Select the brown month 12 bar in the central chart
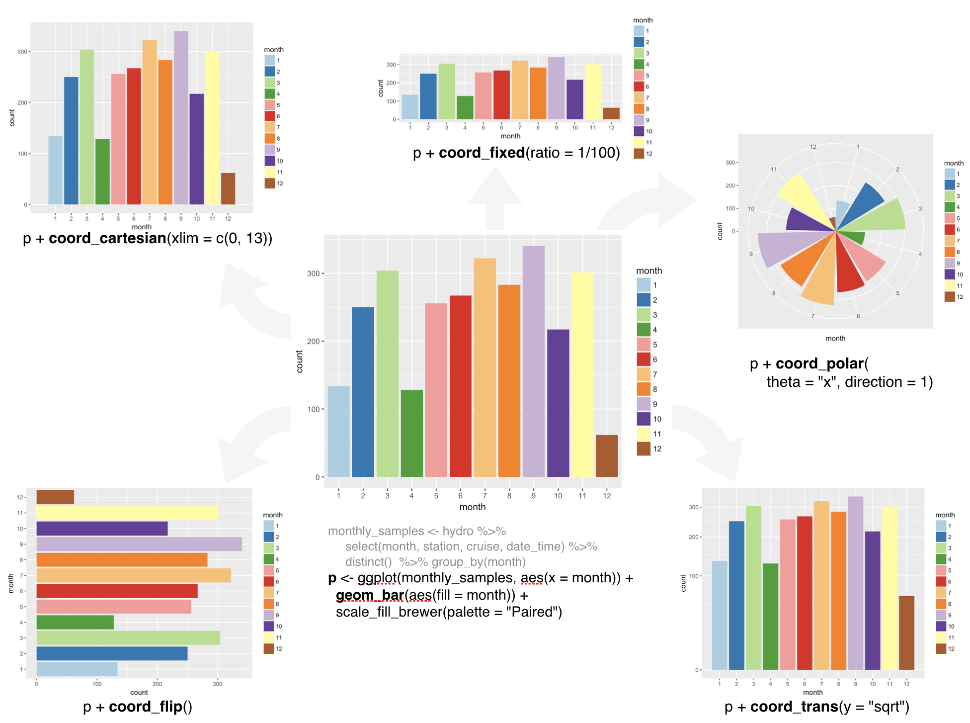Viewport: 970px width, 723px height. [606, 456]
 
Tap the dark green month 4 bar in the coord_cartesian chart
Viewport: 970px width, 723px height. [102, 172]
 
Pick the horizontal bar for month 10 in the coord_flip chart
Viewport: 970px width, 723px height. [102, 529]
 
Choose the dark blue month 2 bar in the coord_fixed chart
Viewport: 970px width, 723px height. [428, 96]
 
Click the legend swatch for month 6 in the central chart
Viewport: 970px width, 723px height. [644, 359]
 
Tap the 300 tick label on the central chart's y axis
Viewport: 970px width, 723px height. [313, 273]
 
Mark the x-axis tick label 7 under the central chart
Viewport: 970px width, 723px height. [485, 496]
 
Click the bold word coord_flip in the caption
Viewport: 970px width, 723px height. [146, 707]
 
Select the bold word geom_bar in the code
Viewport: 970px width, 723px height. [370, 595]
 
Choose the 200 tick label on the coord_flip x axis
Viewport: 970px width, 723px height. [157, 684]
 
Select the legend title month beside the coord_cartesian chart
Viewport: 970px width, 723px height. [274, 50]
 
